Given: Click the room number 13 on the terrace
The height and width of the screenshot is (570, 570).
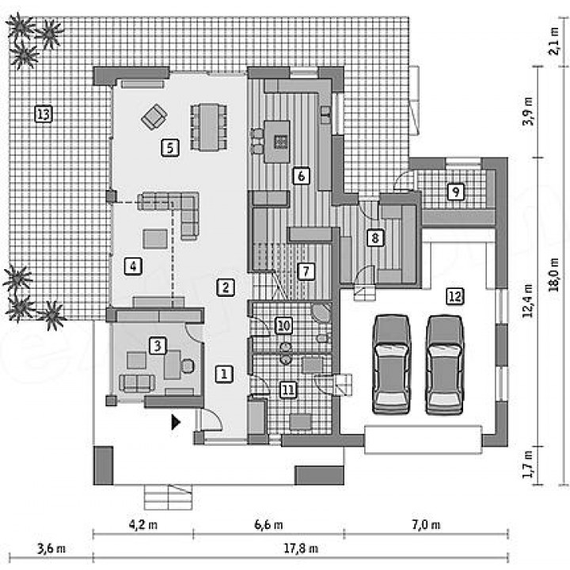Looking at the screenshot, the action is pos(44,114).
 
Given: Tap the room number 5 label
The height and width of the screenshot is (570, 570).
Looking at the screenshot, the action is pos(170,147).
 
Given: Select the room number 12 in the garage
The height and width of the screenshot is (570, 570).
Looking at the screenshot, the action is pos(454,296).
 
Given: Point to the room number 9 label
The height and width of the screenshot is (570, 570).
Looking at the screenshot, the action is pos(455,192).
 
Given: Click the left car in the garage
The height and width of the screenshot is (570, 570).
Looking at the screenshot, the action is pos(392,365).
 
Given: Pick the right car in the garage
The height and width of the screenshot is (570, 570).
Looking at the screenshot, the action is pos(445,365).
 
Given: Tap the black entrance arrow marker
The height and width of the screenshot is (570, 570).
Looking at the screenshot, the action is pos(176,422).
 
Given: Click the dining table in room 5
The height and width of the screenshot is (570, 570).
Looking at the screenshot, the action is pos(209,127).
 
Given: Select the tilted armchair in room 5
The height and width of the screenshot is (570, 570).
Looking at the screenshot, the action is pos(154,116).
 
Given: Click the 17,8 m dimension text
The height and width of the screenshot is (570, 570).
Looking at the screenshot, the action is pos(301,548).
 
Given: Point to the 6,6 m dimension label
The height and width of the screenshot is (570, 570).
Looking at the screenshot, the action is pos(268,525).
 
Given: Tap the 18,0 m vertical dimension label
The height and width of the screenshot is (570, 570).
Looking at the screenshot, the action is pos(554,275).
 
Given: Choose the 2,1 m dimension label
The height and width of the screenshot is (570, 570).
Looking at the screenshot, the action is pos(554,41).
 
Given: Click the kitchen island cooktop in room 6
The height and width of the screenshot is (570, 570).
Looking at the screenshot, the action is pos(280,142).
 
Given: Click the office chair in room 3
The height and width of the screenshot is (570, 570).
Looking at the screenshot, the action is pos(187,366).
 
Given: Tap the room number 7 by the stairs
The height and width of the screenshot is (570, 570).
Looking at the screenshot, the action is pos(306,272).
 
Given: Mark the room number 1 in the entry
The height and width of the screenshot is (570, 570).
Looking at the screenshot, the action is pos(224,374).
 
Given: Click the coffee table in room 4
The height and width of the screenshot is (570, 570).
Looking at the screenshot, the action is pos(155,239).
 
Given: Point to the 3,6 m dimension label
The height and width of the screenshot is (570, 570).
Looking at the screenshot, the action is pos(51,548).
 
